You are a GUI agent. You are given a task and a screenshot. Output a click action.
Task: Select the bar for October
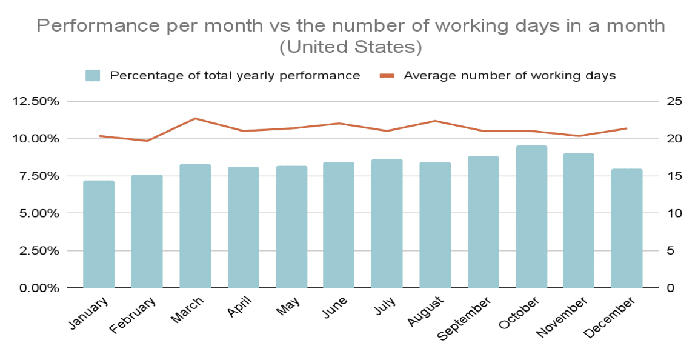pyautogui.click(x=531, y=216)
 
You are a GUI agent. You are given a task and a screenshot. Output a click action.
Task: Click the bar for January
pyautogui.click(x=99, y=234)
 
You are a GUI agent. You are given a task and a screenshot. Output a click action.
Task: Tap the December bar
pyautogui.click(x=627, y=228)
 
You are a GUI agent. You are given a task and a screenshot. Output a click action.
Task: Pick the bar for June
pyautogui.click(x=339, y=224)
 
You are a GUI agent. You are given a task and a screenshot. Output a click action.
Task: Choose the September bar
pyautogui.click(x=483, y=222)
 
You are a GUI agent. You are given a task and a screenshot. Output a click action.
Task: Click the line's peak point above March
pyautogui.click(x=195, y=118)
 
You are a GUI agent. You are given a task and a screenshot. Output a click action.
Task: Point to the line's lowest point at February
pyautogui.click(x=147, y=141)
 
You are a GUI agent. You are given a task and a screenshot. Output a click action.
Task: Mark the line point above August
pyautogui.click(x=435, y=121)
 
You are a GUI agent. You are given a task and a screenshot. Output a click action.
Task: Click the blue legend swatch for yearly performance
pyautogui.click(x=93, y=76)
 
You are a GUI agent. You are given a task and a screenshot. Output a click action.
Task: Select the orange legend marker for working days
pyautogui.click(x=387, y=76)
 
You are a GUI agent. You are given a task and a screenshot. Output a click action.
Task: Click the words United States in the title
pyautogui.click(x=350, y=47)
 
